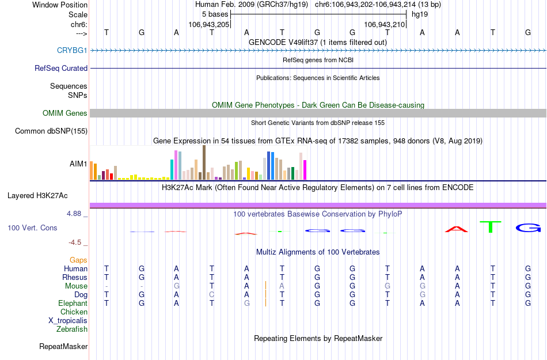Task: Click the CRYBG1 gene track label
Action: [x=72, y=50]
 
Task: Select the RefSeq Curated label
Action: [x=61, y=68]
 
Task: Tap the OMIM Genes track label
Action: [x=65, y=113]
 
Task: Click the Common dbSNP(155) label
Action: [x=51, y=131]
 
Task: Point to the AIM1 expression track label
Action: [x=78, y=164]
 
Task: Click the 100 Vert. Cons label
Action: [x=32, y=228]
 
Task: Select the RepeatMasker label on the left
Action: [x=63, y=346]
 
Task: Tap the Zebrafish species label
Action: [x=72, y=329]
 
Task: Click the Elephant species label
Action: [x=73, y=303]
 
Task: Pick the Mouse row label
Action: [x=76, y=286]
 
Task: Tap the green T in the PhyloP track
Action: [x=491, y=226]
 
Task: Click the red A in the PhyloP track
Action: [x=457, y=229]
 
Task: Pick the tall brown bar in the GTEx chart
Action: [x=204, y=163]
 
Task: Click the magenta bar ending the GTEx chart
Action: [x=305, y=170]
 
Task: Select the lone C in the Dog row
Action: [x=212, y=294]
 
